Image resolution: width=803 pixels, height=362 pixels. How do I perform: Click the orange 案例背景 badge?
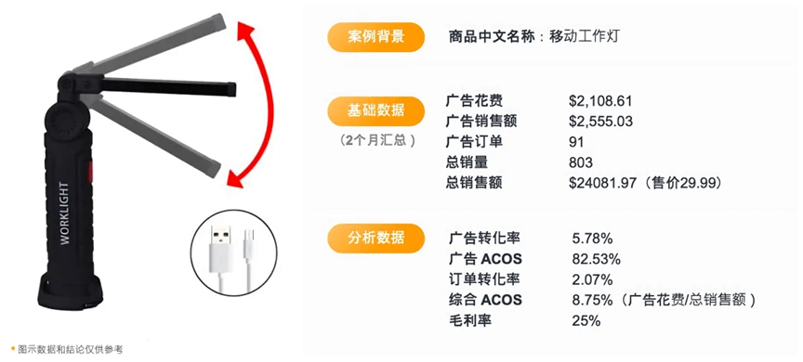pos(376,37)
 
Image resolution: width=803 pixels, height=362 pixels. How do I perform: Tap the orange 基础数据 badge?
pos(376,110)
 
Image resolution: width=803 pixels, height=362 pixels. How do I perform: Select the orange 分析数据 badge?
pos(376,238)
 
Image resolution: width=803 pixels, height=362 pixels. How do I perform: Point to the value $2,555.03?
pos(600,121)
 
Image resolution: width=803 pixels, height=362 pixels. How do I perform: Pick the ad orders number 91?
pos(577,142)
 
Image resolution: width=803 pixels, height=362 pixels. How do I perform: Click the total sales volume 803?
pos(581,162)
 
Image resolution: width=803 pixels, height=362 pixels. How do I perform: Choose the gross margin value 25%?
pos(586,320)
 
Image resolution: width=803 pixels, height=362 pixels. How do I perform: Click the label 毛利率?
pos(470,320)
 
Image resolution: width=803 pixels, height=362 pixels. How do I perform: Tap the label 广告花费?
pos(474,100)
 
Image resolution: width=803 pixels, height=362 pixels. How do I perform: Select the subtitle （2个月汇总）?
pos(376,141)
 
